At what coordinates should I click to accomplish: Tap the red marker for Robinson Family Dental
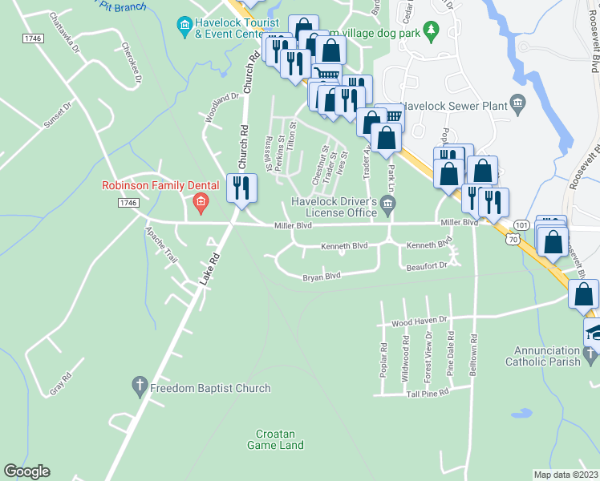pyautogui.click(x=201, y=204)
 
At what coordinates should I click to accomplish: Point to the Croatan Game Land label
pyautogui.click(x=275, y=439)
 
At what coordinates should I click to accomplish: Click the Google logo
pyautogui.click(x=26, y=471)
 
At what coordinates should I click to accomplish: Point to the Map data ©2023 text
pyautogui.click(x=566, y=475)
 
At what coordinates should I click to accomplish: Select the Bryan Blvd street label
pyautogui.click(x=322, y=277)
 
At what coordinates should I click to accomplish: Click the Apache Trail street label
pyautogui.click(x=160, y=244)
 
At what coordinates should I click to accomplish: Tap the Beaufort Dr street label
pyautogui.click(x=425, y=265)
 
